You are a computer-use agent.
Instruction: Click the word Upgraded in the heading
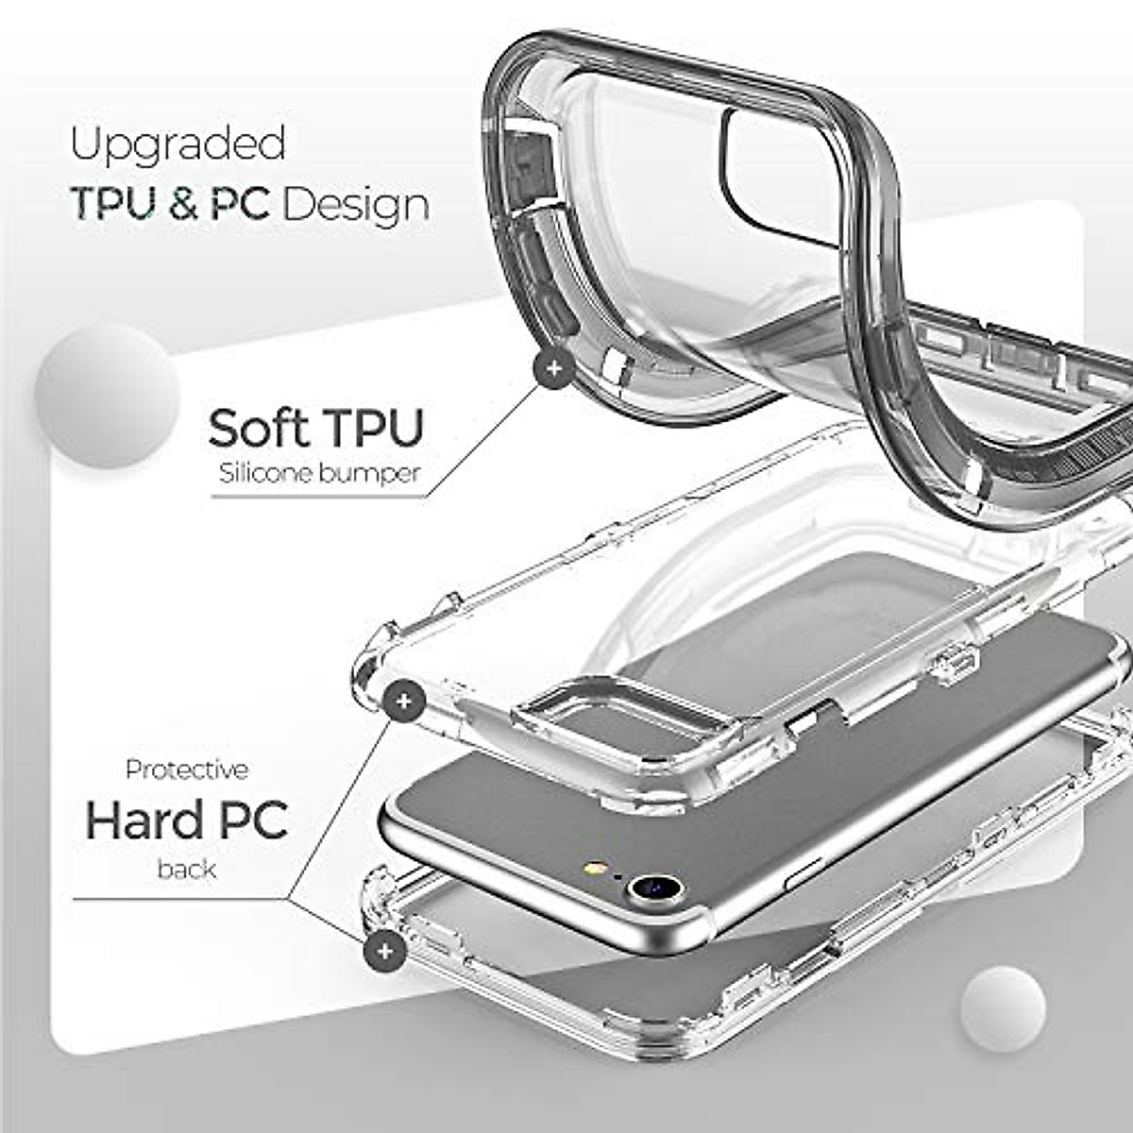[x=178, y=145]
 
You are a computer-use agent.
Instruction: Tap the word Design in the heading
[x=356, y=205]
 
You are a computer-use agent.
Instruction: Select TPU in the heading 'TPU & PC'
[x=111, y=205]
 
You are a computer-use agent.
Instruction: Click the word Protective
[x=187, y=769]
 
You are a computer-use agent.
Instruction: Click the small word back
[x=187, y=869]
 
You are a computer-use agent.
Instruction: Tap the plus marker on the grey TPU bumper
[x=553, y=368]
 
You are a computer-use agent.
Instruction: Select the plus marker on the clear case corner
[x=404, y=702]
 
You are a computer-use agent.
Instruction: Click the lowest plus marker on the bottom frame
[x=384, y=951]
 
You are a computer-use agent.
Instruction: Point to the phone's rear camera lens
[x=654, y=888]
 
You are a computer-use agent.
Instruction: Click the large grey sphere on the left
[x=107, y=395]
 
